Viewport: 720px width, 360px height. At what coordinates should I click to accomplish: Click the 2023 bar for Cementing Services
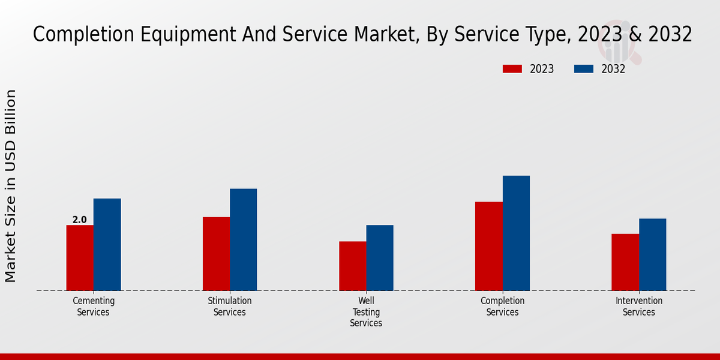(80, 258)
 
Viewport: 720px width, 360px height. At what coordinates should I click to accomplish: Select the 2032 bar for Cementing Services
(107, 245)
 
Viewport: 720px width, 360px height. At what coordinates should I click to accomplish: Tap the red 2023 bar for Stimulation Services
(216, 254)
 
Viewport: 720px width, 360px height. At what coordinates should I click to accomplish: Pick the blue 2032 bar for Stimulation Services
(243, 240)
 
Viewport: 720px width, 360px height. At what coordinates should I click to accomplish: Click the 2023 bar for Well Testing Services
(352, 266)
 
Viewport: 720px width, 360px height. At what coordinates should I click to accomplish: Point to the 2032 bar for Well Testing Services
(380, 258)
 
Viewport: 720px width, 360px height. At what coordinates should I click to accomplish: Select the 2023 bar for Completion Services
(488, 246)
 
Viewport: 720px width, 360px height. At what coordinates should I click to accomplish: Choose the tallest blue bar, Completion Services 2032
(516, 233)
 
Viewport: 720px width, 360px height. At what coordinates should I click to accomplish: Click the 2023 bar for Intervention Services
(625, 262)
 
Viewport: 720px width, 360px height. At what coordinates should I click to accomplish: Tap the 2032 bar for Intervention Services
(652, 254)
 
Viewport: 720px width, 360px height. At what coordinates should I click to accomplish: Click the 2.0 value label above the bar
(80, 220)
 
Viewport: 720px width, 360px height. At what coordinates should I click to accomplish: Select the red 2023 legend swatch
(512, 69)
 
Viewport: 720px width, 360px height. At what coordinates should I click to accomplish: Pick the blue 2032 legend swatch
(583, 69)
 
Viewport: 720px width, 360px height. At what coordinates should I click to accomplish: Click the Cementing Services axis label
(94, 307)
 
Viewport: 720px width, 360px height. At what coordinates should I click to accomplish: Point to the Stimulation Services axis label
(230, 307)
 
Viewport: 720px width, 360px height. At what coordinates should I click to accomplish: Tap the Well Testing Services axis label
(366, 312)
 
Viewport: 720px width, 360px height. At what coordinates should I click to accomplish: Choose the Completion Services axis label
(503, 307)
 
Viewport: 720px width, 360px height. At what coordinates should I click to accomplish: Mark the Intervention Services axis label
(639, 307)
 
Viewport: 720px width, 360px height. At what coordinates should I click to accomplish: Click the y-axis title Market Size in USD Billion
(11, 186)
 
